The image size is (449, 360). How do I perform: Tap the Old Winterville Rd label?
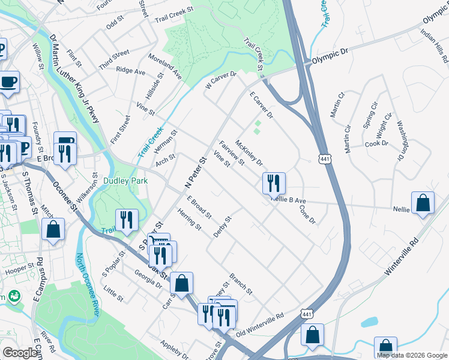click(x=260, y=325)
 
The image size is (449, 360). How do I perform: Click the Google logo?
click(x=20, y=353)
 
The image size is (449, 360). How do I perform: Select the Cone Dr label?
click(x=307, y=214)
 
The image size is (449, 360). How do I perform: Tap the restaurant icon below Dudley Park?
click(x=127, y=220)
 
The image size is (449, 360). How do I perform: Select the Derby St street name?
click(x=223, y=226)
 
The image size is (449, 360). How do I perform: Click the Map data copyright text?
click(x=412, y=355)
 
